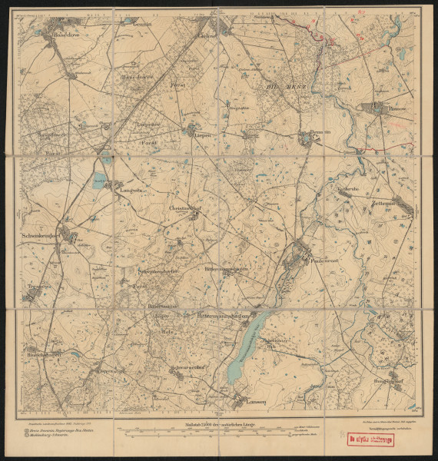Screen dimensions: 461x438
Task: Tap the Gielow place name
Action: click(x=207, y=35)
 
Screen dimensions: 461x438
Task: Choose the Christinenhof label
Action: click(x=184, y=207)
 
